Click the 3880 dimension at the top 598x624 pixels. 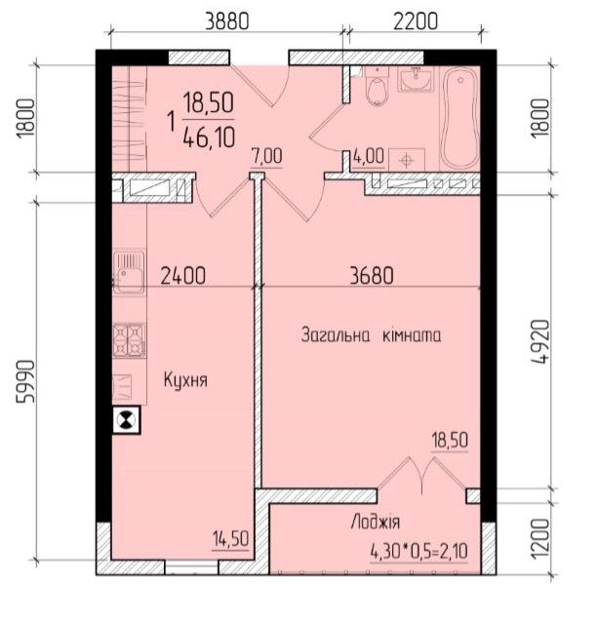tap(227, 21)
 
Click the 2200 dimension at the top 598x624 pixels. tap(416, 21)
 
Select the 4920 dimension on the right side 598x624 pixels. tap(541, 341)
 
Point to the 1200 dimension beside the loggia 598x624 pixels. tap(541, 538)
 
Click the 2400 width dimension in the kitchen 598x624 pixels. tap(183, 276)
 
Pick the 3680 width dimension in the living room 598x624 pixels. tap(372, 276)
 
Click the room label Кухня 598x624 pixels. tap(185, 380)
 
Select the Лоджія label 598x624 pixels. tap(375, 522)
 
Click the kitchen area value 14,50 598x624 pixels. tap(230, 539)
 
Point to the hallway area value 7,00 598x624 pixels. tap(266, 156)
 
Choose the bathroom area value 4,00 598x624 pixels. tap(369, 156)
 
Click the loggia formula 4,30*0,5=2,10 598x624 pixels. tap(419, 552)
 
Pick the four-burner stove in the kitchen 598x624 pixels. tap(130, 340)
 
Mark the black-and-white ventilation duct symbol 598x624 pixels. tap(127, 420)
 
